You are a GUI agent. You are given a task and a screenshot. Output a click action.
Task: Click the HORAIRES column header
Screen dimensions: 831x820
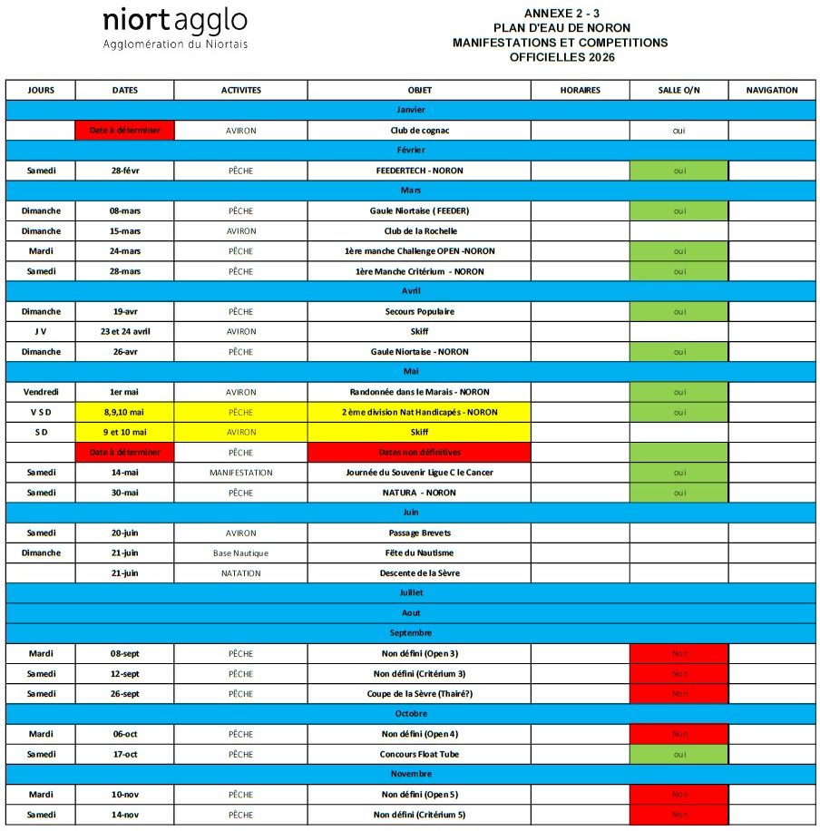[580, 90]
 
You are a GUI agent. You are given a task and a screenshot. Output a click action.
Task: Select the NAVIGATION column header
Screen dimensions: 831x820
[772, 90]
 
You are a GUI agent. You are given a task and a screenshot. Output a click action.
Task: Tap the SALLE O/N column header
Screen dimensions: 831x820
[678, 90]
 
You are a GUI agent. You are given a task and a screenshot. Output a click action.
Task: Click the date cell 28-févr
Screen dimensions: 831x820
[124, 171]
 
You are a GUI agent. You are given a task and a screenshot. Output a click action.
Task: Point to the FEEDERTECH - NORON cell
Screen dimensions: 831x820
[419, 171]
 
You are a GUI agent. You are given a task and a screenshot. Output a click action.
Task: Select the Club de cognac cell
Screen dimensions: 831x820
[419, 131]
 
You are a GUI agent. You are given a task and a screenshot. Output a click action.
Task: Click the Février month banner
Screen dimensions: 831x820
[410, 151]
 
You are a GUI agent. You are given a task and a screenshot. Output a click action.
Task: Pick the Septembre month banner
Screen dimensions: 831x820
[410, 633]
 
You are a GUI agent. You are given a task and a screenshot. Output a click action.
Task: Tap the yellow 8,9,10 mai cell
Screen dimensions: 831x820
[124, 412]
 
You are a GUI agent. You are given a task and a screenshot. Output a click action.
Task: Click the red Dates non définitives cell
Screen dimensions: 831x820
[419, 452]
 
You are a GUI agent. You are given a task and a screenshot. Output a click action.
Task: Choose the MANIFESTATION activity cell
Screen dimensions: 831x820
[240, 473]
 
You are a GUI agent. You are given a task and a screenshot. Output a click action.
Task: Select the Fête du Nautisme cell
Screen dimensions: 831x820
[419, 552]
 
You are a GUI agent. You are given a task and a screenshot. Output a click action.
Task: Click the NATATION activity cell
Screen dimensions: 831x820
[240, 573]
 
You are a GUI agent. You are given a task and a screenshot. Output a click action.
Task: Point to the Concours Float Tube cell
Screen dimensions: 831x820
[419, 754]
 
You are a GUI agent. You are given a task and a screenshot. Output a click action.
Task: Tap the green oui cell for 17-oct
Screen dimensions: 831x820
[678, 754]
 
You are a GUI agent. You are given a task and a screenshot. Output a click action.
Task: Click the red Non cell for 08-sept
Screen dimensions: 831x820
[678, 653]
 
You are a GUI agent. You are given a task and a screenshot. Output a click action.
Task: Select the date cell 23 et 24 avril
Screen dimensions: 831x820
[124, 331]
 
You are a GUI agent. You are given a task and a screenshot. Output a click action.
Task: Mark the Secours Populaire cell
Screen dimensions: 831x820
[419, 311]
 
